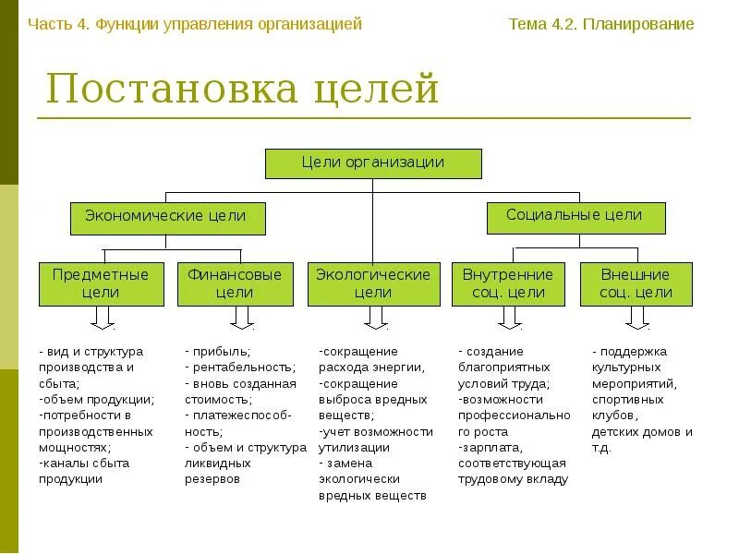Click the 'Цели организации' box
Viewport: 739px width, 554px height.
[x=373, y=163]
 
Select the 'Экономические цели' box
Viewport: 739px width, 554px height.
[x=166, y=217]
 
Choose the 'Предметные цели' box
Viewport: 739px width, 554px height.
[x=101, y=283]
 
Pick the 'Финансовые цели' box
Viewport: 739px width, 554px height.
[x=235, y=283]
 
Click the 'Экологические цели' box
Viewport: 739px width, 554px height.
[x=373, y=283]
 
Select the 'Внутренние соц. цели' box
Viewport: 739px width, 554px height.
[x=508, y=283]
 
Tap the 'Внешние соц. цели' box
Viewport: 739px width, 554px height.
[x=636, y=283]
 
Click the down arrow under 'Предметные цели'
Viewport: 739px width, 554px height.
[x=102, y=319]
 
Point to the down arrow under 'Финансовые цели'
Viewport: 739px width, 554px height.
[x=242, y=319]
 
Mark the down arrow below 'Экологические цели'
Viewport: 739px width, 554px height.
[x=374, y=319]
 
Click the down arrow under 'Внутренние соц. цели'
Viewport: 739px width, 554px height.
[x=509, y=319]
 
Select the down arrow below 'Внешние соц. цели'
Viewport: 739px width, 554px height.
[x=636, y=319]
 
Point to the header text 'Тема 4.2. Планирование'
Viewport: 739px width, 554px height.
[x=601, y=24]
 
